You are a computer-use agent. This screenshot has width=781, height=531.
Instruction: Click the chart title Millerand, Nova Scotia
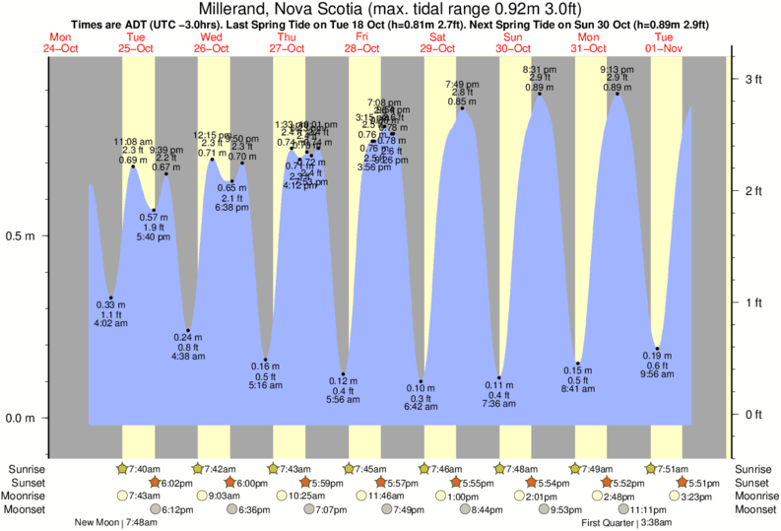click(x=391, y=8)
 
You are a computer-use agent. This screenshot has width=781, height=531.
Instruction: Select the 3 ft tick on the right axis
click(x=754, y=79)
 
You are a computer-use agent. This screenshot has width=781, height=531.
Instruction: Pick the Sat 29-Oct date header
click(x=437, y=42)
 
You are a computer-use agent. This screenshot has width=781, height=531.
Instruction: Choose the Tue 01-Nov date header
click(x=664, y=42)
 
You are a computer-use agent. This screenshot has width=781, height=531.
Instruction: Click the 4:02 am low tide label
click(x=110, y=323)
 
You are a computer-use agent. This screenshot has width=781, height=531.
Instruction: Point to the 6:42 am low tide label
click(x=422, y=406)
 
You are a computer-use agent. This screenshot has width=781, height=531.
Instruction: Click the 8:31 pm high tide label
click(x=540, y=70)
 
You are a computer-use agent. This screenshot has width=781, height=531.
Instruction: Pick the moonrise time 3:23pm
click(x=693, y=497)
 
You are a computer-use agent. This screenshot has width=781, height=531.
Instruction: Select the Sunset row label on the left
click(x=26, y=483)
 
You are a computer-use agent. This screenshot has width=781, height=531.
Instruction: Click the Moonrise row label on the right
click(x=755, y=497)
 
